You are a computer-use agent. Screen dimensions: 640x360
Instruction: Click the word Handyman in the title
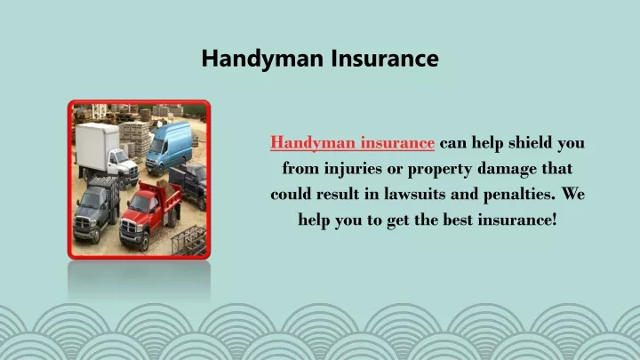coord(262,59)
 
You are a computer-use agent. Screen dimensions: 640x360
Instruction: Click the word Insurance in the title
coord(385,58)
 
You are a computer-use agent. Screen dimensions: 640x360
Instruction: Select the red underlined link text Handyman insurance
coord(352,143)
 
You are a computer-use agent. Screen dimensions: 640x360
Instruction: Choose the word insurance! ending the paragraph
coord(517,220)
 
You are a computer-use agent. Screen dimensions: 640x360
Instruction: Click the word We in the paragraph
coord(573,194)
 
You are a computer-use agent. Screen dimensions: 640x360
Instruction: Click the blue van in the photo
coord(169,148)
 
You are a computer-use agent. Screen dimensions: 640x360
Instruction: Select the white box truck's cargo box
coord(97,146)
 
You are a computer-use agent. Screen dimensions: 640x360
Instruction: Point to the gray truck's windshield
coord(90,200)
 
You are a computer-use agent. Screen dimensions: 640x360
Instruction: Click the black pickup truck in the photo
coord(189,183)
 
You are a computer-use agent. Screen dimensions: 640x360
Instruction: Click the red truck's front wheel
coord(144,243)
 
